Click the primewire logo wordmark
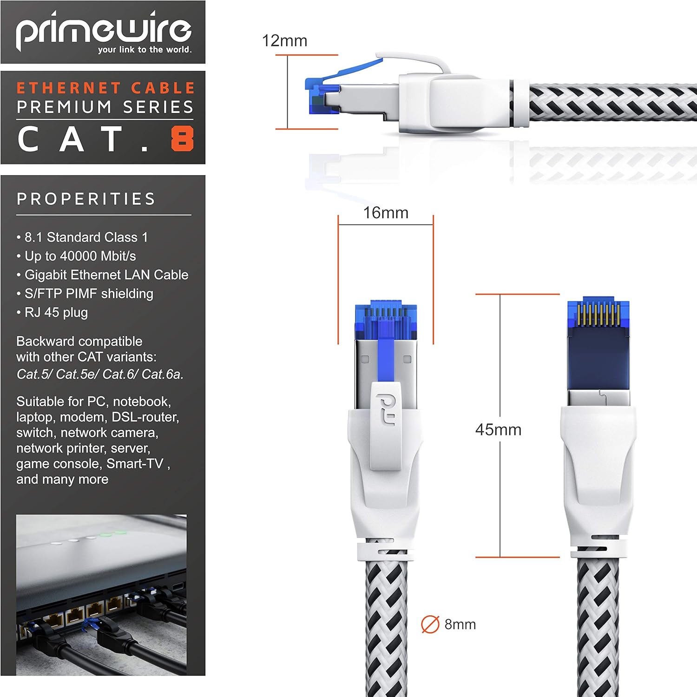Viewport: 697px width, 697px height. tap(103, 31)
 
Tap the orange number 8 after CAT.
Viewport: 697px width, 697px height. tap(182, 139)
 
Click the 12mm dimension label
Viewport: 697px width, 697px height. tap(284, 41)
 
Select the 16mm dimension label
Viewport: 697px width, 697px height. tap(386, 213)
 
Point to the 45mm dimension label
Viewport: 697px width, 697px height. tap(498, 430)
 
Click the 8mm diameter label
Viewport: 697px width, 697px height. tap(460, 625)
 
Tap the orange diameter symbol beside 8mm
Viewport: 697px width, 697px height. tap(430, 625)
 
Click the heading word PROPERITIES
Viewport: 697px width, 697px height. tap(86, 199)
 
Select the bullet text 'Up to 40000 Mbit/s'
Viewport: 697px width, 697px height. tap(80, 256)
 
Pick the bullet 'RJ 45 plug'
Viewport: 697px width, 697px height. tap(56, 312)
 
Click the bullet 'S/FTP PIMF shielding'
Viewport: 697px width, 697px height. tap(88, 294)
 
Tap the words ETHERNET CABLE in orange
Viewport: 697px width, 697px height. tap(105, 88)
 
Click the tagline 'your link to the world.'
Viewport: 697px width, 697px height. tap(145, 50)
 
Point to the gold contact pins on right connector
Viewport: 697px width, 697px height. tap(598, 315)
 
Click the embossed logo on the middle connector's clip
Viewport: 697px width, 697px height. tap(385, 409)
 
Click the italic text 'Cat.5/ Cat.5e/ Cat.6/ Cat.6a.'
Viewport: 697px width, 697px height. tap(100, 374)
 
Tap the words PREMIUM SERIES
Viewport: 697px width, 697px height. tap(105, 107)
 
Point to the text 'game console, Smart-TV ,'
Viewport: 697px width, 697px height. tap(93, 464)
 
